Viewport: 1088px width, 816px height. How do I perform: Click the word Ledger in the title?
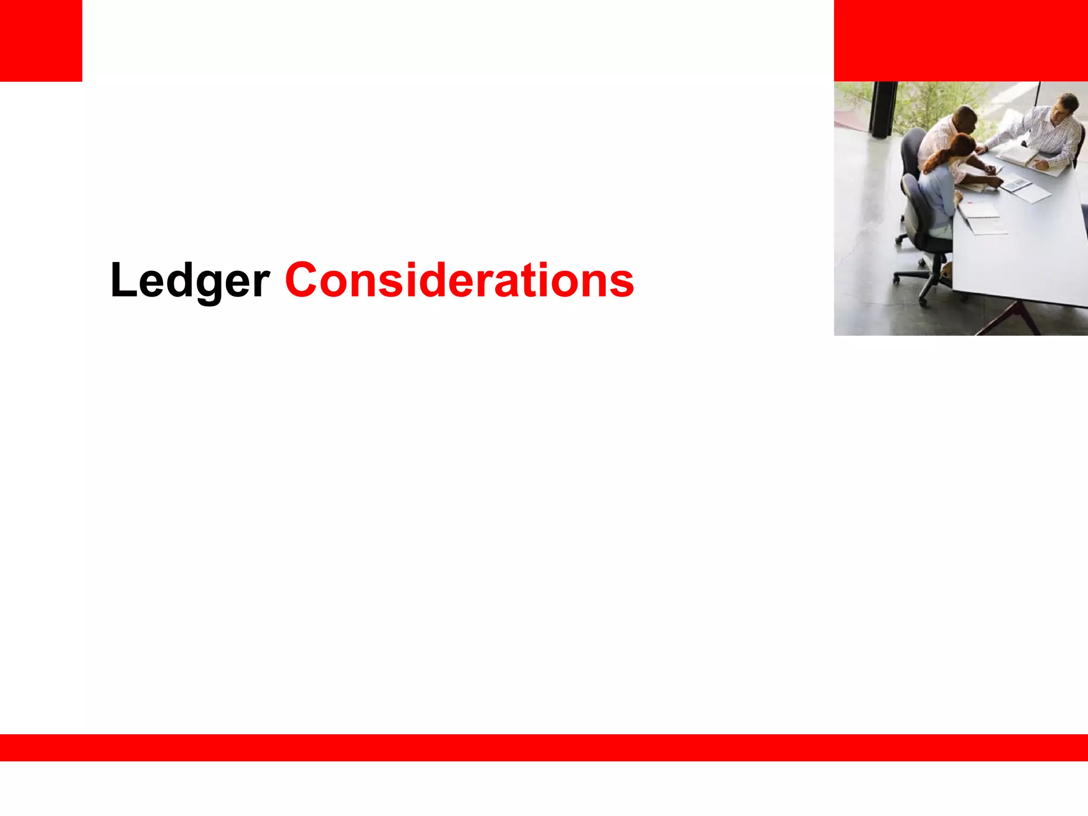[190, 280]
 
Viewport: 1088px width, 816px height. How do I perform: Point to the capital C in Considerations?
[301, 279]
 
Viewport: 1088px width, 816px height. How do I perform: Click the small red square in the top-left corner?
[41, 40]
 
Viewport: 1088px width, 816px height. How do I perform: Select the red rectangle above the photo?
[960, 40]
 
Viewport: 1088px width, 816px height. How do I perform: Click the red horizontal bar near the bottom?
[544, 747]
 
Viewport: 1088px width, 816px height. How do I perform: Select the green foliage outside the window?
[935, 101]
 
